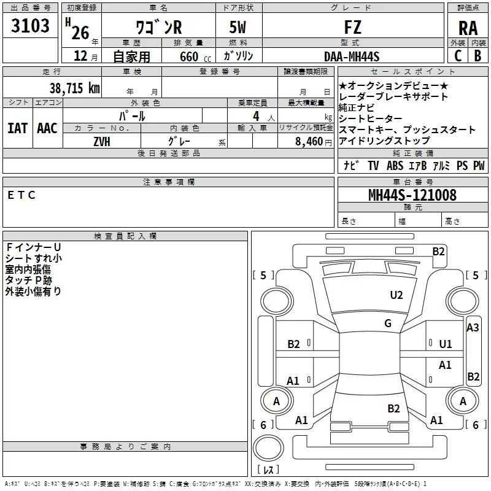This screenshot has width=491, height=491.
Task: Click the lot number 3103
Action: point(31,26)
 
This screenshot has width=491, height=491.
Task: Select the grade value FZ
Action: point(353,27)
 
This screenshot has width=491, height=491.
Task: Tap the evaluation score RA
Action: point(468,28)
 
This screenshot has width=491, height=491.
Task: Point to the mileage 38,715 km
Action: point(74,88)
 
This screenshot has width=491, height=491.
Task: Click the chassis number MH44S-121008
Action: point(412,195)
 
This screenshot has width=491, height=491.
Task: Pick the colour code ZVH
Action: point(101,141)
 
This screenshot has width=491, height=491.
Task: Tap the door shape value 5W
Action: point(239,27)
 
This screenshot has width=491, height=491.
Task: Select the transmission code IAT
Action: point(17,128)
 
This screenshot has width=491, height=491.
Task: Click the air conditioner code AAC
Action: point(47,128)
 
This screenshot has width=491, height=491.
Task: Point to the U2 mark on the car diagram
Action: point(396,295)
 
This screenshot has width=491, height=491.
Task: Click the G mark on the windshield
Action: point(388,323)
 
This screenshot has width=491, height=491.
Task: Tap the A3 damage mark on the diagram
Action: point(473,328)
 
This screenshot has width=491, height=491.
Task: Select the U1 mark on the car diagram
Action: point(445,344)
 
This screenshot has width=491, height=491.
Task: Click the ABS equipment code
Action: point(395,166)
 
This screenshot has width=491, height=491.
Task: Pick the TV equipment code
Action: point(373,166)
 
